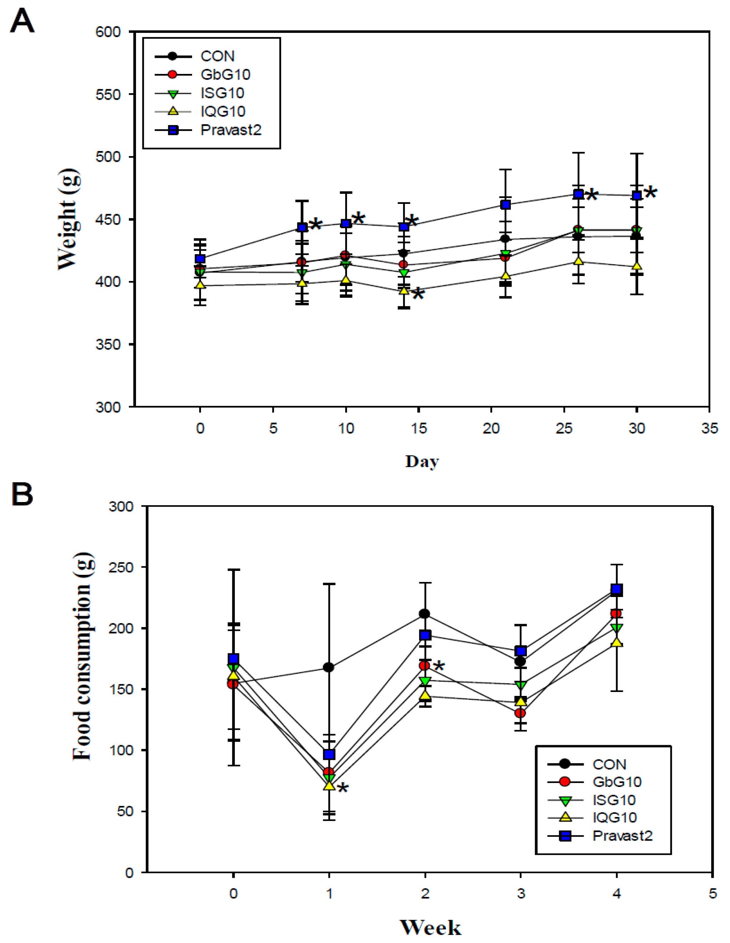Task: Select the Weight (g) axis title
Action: coord(69,219)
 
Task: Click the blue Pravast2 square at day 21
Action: coord(505,205)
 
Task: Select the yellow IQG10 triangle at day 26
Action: coord(579,261)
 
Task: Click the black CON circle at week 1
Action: coord(329,667)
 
